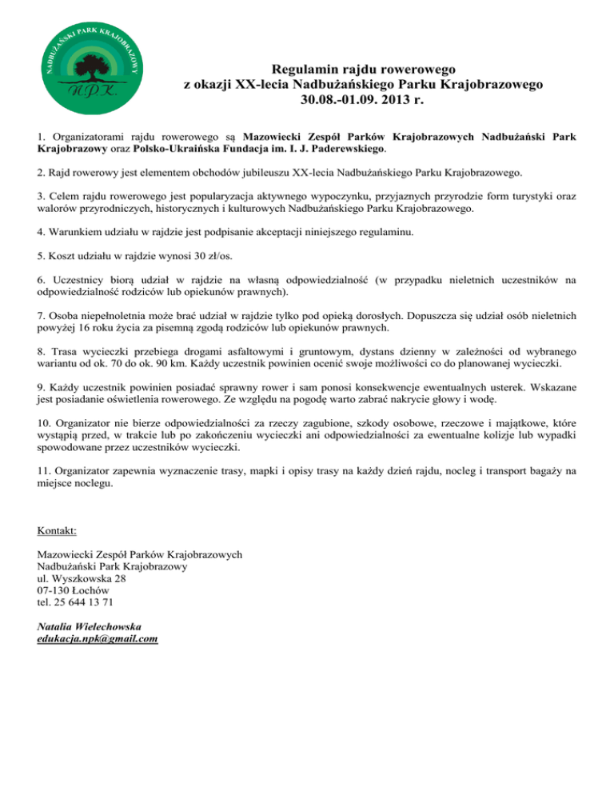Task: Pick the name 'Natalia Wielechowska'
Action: [x=90, y=626]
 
